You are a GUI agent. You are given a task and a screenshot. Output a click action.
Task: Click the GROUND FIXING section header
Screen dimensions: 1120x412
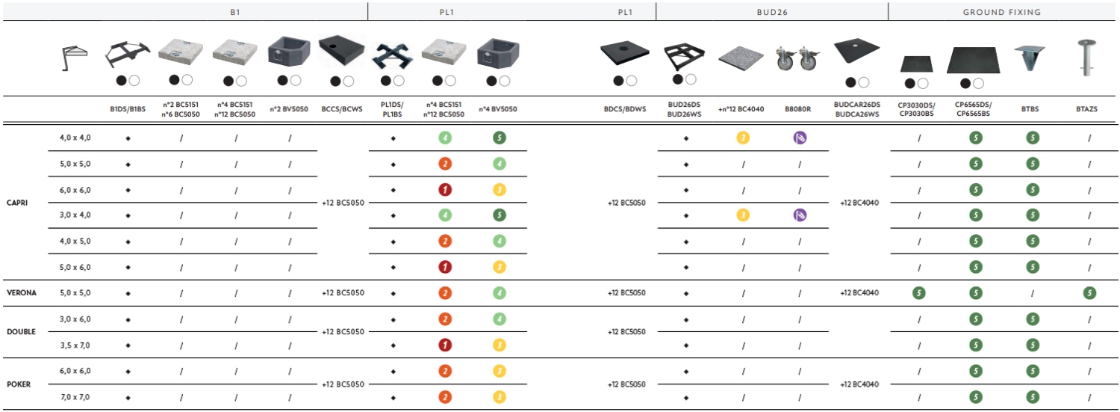[1001, 12]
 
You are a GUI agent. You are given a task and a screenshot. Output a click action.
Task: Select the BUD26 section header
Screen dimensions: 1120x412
[772, 12]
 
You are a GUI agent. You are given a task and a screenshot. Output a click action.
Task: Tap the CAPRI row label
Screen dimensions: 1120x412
[17, 203]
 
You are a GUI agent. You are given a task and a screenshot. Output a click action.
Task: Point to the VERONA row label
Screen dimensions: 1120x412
[22, 293]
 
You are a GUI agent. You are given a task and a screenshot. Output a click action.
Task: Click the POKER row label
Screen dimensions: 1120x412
[19, 384]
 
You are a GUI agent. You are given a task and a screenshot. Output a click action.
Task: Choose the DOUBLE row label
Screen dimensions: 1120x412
[21, 332]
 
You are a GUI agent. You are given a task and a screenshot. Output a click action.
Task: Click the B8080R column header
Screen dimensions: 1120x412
[797, 109]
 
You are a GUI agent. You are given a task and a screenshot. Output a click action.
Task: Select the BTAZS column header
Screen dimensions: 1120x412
[1086, 109]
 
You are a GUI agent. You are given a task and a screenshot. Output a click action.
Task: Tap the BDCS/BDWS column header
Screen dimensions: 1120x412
[625, 109]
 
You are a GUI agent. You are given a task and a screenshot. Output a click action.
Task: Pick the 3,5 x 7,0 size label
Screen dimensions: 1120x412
[75, 345]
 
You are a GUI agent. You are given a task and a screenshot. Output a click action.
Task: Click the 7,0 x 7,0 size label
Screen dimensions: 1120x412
[75, 398]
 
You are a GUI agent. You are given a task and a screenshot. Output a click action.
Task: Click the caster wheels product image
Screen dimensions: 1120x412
[798, 58]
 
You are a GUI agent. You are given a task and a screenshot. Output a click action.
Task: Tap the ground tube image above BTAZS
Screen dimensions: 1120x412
[1086, 58]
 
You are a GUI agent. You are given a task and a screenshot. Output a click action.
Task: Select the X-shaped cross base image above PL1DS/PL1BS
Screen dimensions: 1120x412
[393, 56]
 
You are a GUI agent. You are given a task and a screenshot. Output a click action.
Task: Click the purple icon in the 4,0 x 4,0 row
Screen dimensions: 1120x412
[800, 138]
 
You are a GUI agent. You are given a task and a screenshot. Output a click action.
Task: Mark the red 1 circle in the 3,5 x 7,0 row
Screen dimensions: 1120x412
[445, 345]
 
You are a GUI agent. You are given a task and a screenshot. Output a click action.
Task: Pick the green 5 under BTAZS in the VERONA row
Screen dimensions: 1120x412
[1089, 293]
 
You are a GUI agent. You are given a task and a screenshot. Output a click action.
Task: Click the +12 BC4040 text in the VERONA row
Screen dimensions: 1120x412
[859, 293]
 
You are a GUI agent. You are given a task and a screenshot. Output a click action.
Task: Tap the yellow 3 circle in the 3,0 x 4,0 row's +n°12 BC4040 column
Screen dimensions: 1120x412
[743, 215]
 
